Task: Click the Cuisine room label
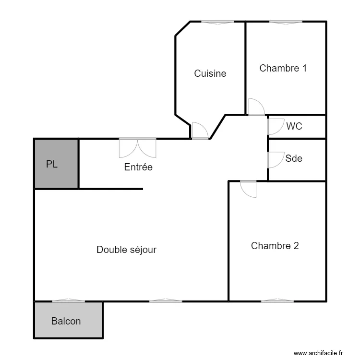210,73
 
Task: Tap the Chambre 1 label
283,68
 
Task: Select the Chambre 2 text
275,246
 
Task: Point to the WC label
294,127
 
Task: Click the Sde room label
294,158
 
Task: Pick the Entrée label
138,167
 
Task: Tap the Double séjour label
126,250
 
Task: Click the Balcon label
66,321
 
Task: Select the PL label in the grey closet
52,164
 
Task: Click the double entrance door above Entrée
138,148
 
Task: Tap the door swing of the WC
275,126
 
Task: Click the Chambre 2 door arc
249,189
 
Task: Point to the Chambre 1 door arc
256,107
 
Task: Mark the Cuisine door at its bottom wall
199,131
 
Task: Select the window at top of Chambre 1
286,22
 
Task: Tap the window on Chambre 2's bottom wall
277,301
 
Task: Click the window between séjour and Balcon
68,301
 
